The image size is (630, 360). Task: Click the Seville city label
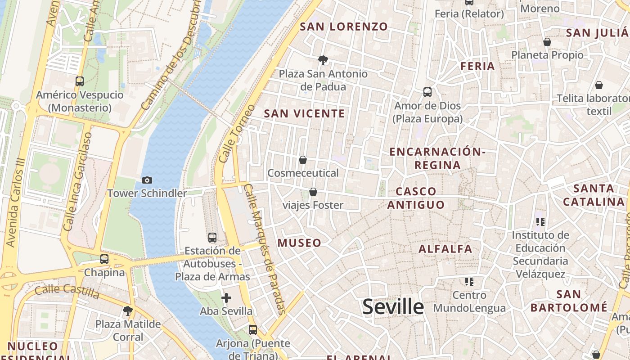(393, 307)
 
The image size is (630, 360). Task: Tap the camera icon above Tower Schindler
(147, 180)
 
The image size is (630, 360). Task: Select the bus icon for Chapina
(104, 259)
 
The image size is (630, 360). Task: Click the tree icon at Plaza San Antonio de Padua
(323, 60)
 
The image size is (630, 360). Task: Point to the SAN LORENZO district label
(344, 27)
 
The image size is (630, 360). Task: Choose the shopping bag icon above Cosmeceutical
(303, 160)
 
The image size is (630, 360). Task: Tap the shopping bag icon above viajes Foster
(313, 192)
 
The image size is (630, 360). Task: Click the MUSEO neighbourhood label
(299, 243)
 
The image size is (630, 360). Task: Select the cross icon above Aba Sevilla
(226, 297)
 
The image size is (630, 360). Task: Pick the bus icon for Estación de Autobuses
(212, 237)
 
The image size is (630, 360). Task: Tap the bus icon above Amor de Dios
(427, 92)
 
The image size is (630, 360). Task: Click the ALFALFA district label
(445, 249)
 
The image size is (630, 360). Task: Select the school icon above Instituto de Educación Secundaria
(540, 221)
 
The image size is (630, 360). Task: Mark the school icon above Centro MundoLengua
(469, 282)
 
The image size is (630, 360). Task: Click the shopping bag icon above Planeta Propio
(547, 42)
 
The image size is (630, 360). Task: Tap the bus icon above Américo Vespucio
(80, 81)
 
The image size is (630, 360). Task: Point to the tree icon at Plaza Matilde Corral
(128, 310)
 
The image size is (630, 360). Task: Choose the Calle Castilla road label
(67, 292)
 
